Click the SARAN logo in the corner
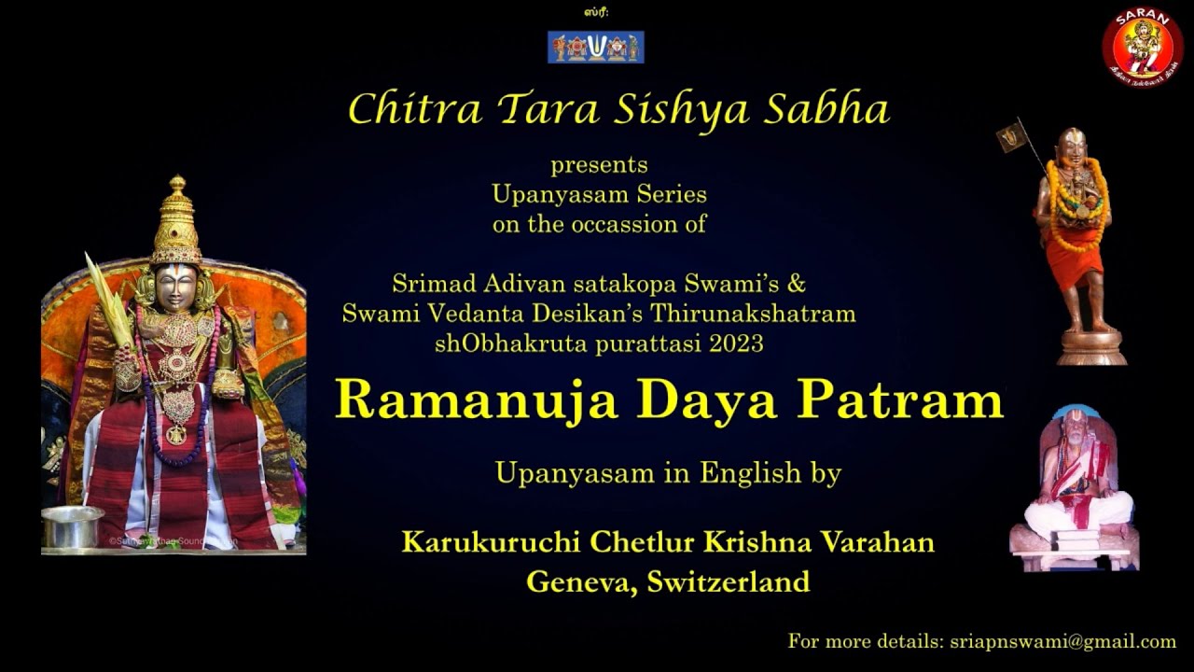1142,45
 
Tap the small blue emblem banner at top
595,47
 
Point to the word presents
599,165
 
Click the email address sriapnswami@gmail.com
1062,641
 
